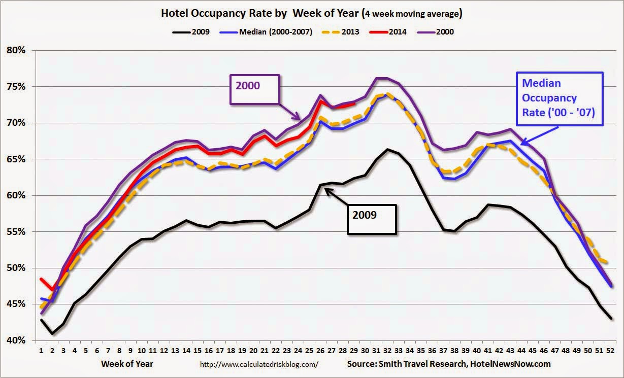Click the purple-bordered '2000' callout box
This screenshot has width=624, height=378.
(x=255, y=90)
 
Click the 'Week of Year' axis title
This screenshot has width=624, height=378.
(x=127, y=364)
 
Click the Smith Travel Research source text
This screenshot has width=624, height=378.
(x=449, y=364)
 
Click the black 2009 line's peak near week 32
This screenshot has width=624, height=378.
(x=387, y=150)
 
